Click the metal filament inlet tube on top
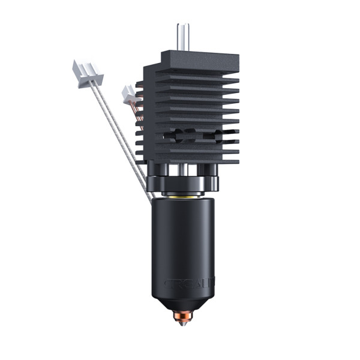click(x=182, y=37)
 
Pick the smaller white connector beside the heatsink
click(x=128, y=93)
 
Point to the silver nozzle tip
click(x=182, y=325)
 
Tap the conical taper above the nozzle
click(x=183, y=303)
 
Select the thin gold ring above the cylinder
click(x=183, y=196)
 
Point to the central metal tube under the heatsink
click(x=183, y=171)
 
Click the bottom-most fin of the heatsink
click(x=189, y=160)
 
